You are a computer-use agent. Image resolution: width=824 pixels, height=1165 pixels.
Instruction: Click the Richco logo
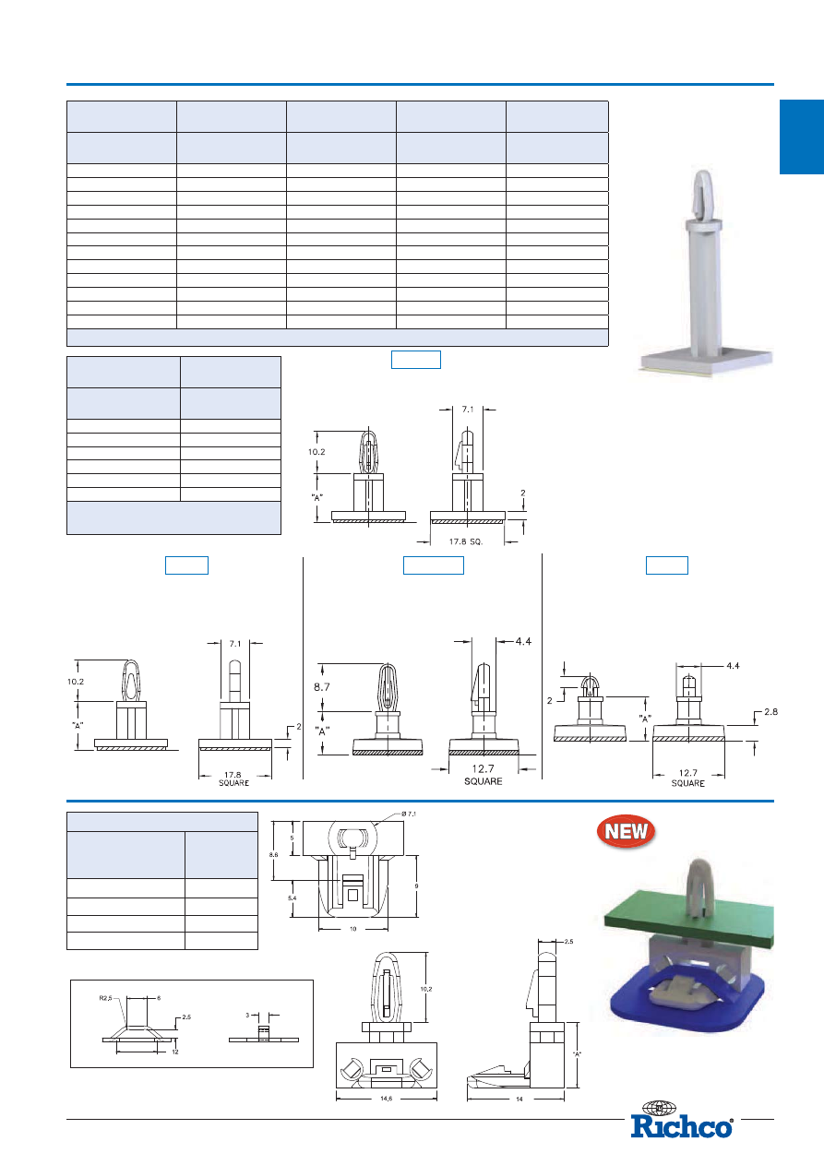682,1122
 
